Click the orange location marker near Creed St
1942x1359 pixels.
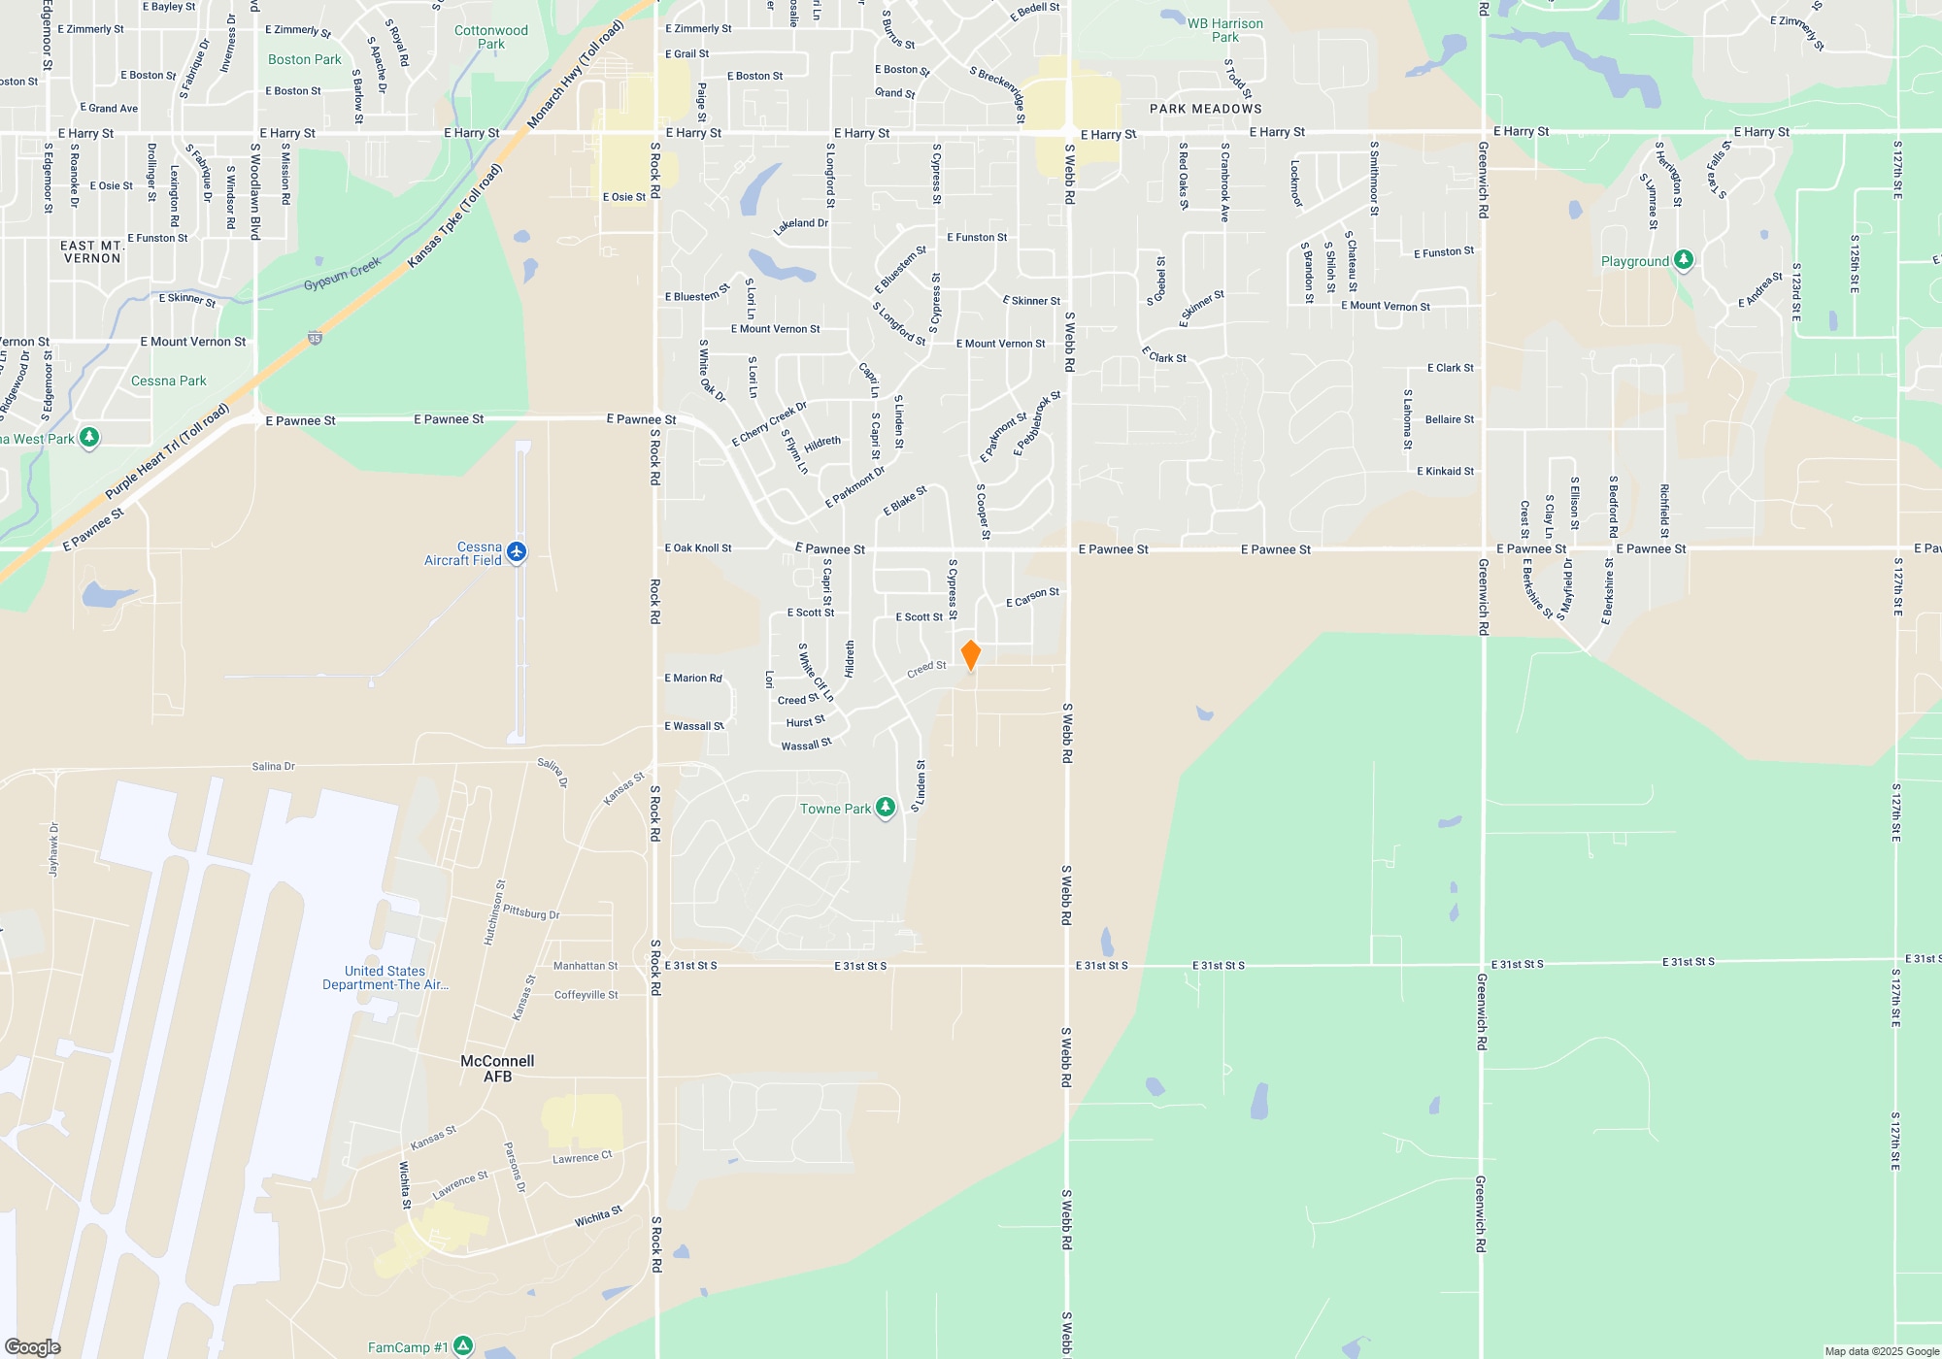(970, 655)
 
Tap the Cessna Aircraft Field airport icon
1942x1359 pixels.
(517, 552)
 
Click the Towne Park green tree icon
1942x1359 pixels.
(885, 808)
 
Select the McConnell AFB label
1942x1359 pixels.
(497, 1069)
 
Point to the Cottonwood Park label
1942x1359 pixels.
(491, 37)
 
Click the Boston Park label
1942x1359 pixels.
(305, 59)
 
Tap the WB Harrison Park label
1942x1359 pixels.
(1225, 30)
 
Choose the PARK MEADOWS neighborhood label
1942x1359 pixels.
(1206, 109)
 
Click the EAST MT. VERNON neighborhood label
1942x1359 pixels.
(92, 251)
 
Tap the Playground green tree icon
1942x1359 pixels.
(1684, 260)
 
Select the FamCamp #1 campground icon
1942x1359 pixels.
(463, 1346)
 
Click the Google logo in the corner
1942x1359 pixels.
(33, 1347)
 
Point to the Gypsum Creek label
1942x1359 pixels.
(342, 274)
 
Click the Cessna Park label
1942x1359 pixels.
(169, 381)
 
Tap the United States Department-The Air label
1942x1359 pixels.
(385, 978)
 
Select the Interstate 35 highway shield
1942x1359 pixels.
(315, 339)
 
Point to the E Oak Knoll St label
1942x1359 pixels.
(698, 548)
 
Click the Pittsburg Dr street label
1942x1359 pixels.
(531, 912)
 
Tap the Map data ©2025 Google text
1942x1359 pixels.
(1882, 1351)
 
